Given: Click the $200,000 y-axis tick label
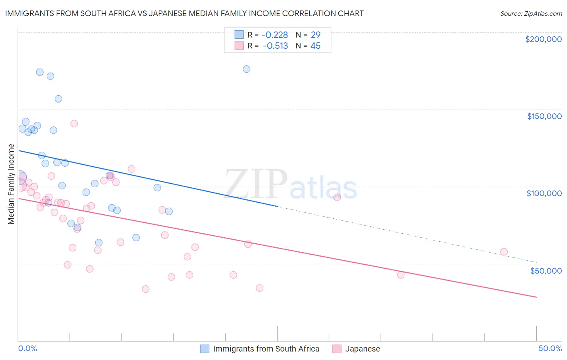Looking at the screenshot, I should pos(543,39).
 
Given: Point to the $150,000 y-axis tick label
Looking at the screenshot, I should pos(544,116).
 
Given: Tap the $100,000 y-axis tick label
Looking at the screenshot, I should pos(544,193).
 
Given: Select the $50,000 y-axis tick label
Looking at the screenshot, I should pos(546,270).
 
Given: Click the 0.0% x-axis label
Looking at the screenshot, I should pos(27,348).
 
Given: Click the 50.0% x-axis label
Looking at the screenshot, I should pos(550,348).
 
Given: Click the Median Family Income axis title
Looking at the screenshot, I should pos(11,184).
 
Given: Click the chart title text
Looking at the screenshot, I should pos(184,13).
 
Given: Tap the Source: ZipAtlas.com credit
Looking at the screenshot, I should pos(531,13).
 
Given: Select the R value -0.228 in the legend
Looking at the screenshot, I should pos(275,35).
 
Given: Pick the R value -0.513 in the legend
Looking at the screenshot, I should pos(275,46).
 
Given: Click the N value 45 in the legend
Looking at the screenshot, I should pos(315,46).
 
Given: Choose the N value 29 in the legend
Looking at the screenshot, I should pos(315,35).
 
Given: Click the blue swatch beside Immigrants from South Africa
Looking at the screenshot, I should pos(205,349).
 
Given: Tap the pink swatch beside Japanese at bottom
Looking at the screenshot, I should pos(337,349).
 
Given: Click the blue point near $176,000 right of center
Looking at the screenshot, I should pos(246,69).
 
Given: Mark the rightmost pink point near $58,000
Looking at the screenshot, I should pos(504,252).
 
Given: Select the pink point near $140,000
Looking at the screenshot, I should pos(74,123).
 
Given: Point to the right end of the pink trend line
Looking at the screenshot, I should pos(536,297).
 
